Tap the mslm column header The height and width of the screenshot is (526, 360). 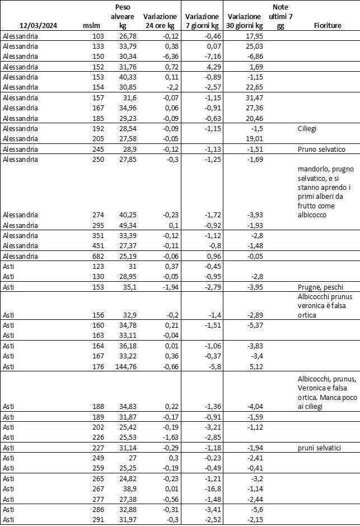(91, 26)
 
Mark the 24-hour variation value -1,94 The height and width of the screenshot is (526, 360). (167, 287)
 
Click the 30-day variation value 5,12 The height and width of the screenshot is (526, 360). (255, 367)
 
